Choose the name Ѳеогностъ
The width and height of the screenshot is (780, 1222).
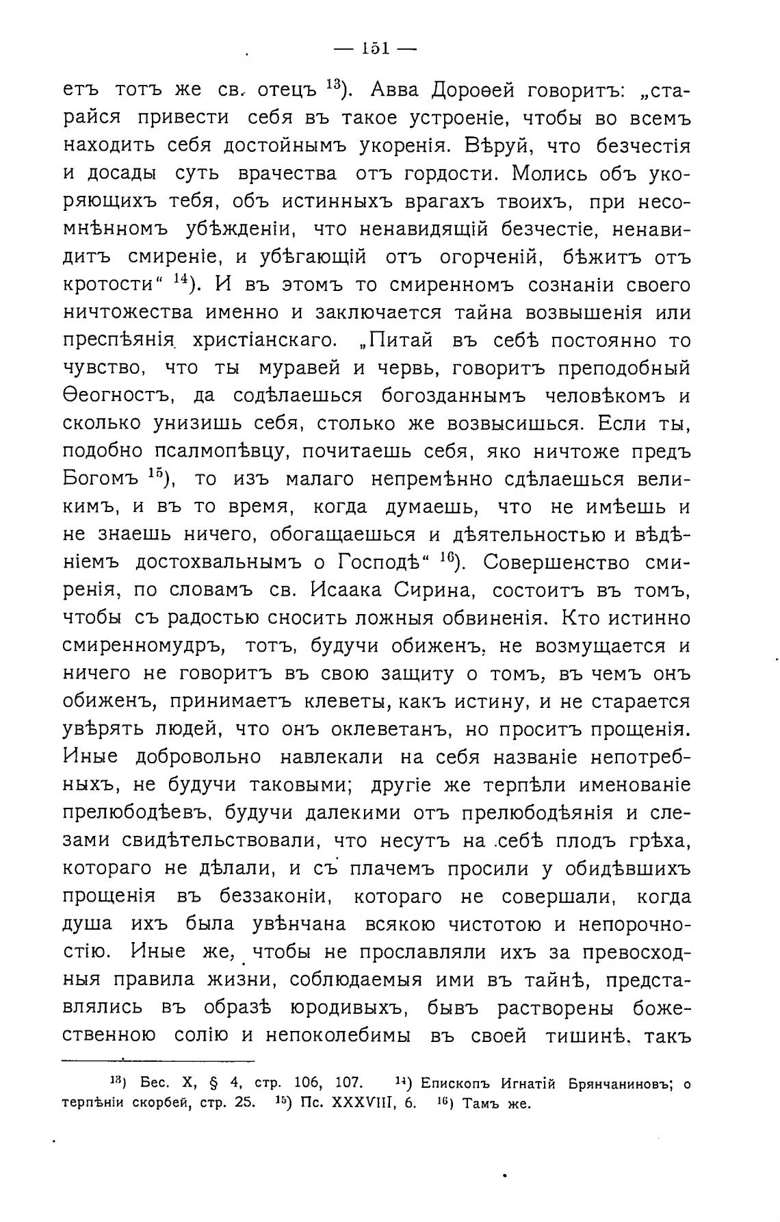coord(120,396)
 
